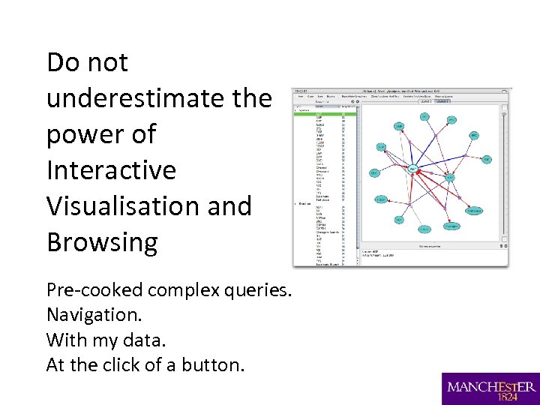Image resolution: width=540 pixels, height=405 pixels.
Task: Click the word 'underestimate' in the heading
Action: [x=142, y=98]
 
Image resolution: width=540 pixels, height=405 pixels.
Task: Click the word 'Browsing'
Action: [x=102, y=242]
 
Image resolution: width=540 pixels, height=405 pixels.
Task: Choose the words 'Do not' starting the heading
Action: [x=87, y=62]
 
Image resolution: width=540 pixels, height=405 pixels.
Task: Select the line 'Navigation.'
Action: [x=93, y=315]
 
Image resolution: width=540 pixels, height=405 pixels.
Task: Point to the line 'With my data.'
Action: [x=106, y=340]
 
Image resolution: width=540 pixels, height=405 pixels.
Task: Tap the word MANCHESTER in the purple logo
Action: [x=491, y=386]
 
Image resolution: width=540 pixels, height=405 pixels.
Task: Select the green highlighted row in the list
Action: [x=325, y=114]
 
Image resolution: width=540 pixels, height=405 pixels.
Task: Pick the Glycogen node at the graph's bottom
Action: [x=451, y=226]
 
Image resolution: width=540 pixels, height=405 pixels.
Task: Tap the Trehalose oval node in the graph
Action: [x=474, y=211]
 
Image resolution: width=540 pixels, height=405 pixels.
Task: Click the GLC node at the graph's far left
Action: [x=374, y=173]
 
